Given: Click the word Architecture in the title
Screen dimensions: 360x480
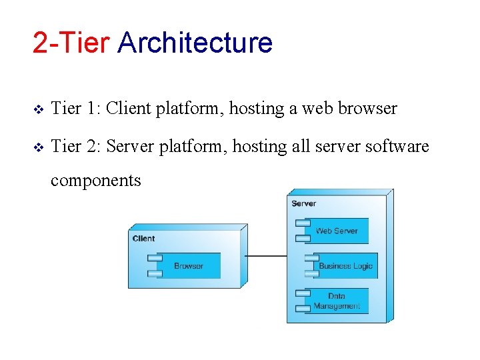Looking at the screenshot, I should click(195, 43).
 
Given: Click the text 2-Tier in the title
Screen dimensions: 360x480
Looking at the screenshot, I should click(71, 43).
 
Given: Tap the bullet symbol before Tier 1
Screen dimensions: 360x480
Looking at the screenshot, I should click(37, 109).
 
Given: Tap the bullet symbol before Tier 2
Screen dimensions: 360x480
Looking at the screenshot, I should click(37, 147).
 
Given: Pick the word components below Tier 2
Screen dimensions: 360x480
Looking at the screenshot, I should click(96, 180).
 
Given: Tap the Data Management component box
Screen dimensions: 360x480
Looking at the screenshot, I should click(337, 301).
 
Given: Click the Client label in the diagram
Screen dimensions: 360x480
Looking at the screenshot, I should click(143, 238).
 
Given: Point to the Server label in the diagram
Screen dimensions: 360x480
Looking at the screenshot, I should click(303, 203).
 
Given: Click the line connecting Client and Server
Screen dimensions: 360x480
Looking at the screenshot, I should click(266, 256).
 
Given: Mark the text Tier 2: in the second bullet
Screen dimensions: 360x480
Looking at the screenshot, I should click(75, 146).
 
